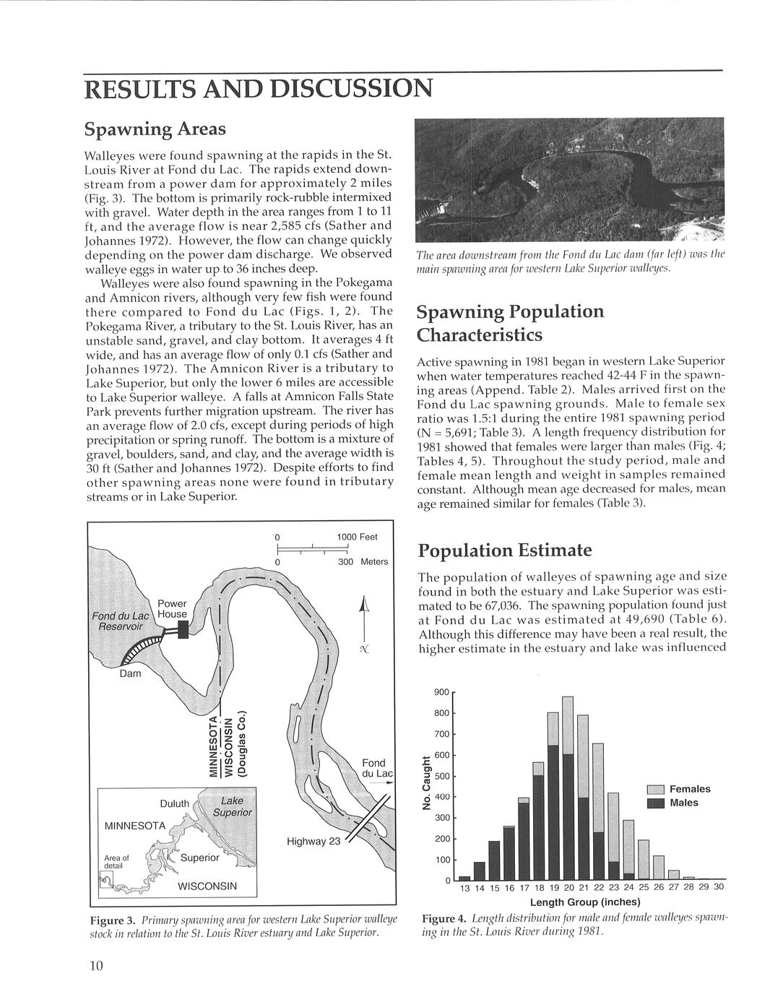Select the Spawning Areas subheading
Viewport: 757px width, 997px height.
click(x=155, y=129)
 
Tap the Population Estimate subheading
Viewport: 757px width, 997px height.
click(x=505, y=551)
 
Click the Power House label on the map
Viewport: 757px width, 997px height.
click(x=172, y=609)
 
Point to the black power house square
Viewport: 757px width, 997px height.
click(x=183, y=630)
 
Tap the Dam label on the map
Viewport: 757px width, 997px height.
click(x=130, y=674)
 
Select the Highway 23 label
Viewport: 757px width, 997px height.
click(x=313, y=841)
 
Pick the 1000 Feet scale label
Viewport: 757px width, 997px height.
click(x=357, y=537)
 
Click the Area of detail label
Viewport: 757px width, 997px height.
click(x=116, y=861)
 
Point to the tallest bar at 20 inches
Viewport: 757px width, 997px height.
click(x=568, y=787)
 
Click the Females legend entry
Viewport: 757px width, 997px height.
click(x=690, y=789)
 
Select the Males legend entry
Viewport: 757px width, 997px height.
click(x=683, y=803)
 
